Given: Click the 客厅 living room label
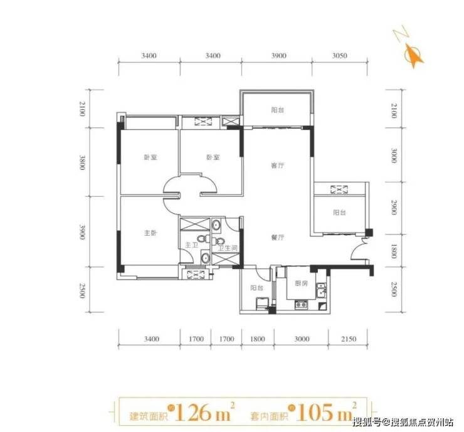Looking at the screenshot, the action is [x=278, y=166].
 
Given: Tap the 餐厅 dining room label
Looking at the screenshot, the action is [x=278, y=237].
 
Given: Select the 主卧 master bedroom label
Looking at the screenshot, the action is [x=150, y=233].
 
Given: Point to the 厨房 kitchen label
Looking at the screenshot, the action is [x=301, y=283].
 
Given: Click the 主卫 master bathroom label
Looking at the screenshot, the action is [x=191, y=245].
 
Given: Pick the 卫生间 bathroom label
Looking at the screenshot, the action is [x=228, y=248].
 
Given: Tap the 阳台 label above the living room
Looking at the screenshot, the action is [x=278, y=110].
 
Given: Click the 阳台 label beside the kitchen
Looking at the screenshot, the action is [x=256, y=288].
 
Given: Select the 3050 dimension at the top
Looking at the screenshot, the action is [x=339, y=56].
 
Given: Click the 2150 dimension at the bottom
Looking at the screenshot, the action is [x=349, y=339].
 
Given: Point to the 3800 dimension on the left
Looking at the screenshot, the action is [x=82, y=162].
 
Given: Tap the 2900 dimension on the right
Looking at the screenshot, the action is [x=394, y=207].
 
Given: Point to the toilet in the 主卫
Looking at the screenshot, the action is [x=203, y=238].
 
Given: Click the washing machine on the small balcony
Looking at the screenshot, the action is [x=262, y=304].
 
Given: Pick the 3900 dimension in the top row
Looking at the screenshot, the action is [x=279, y=56].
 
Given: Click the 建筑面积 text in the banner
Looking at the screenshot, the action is [x=149, y=416].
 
